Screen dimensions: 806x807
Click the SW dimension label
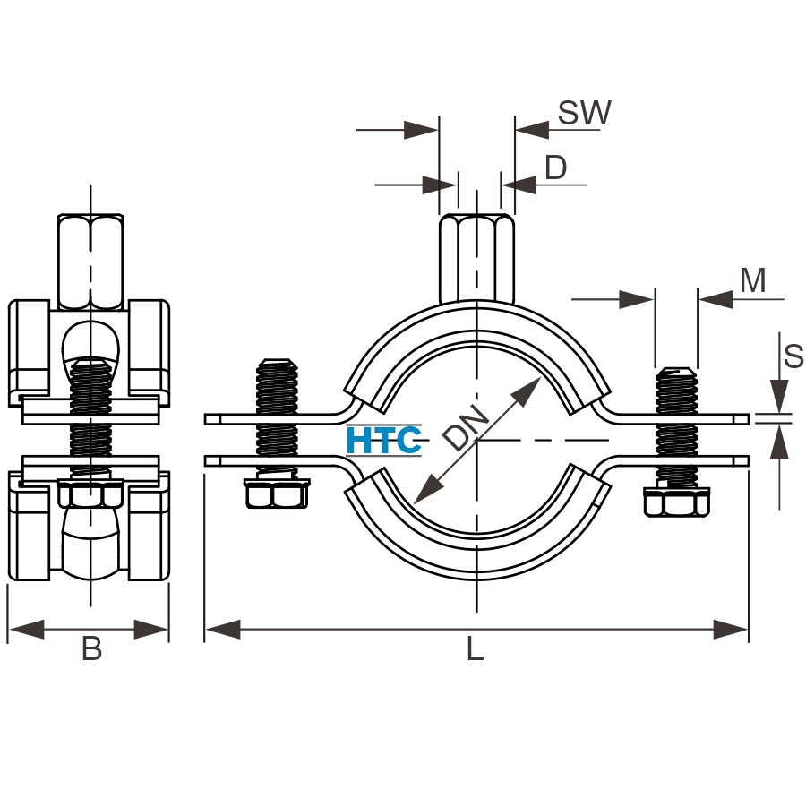[585, 113]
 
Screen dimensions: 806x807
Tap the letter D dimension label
[556, 167]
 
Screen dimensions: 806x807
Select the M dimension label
[752, 280]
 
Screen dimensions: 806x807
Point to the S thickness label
[793, 356]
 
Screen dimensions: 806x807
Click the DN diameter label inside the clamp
[467, 428]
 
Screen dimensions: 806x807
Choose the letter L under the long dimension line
[475, 648]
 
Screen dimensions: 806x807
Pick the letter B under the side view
[91, 648]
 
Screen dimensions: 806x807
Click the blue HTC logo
[384, 441]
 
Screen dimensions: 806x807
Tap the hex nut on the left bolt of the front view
[277, 494]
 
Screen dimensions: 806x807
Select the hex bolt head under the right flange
[676, 502]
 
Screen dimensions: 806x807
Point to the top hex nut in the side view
[90, 262]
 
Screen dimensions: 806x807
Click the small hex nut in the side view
[90, 494]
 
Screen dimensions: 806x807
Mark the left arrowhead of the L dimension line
[223, 629]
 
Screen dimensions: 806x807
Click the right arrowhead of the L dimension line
[731, 629]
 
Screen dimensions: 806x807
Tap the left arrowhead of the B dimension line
[27, 629]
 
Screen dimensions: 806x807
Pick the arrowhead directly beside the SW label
[532, 130]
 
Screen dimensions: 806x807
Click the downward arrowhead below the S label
[780, 396]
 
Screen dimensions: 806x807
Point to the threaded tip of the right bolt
[676, 373]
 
